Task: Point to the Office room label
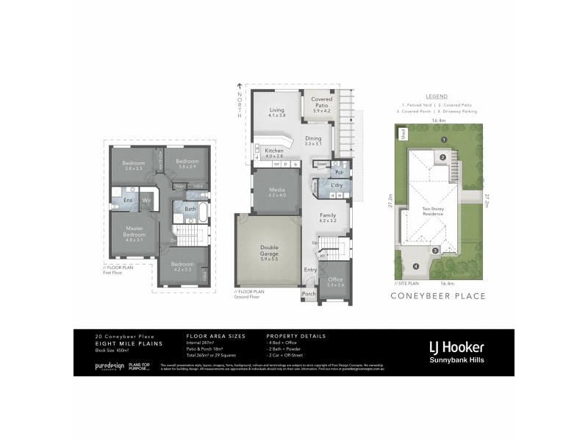click(334, 281)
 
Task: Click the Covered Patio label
click(322, 102)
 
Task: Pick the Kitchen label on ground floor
click(274, 152)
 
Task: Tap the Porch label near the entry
click(309, 295)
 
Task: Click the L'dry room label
click(337, 184)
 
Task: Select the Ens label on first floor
click(128, 199)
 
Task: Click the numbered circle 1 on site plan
click(443, 139)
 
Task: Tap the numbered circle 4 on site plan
click(415, 266)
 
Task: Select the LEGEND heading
click(437, 96)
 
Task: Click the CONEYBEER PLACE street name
click(439, 296)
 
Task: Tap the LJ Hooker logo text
click(456, 346)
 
